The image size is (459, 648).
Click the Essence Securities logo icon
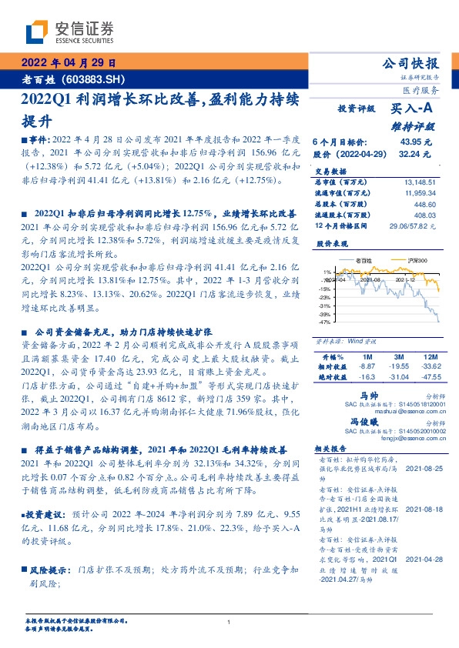(x=36, y=31)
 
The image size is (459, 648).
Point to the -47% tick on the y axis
(x=327, y=323)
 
